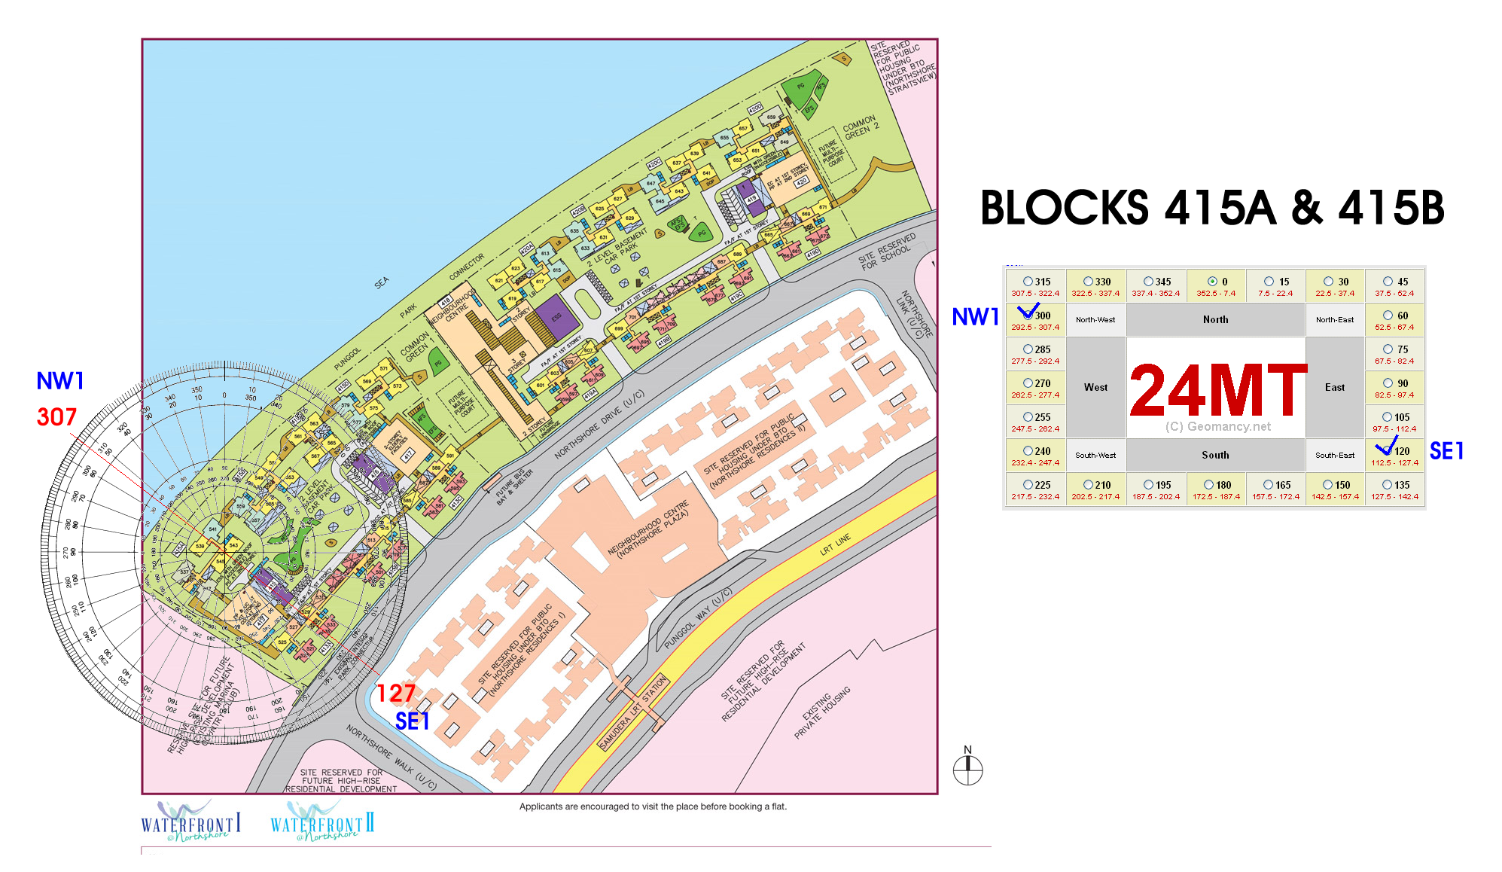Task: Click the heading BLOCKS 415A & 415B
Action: coord(1212,208)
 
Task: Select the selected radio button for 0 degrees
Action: coord(1212,282)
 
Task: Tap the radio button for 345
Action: coord(1148,282)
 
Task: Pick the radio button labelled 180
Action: coord(1208,485)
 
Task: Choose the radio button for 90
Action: coord(1388,383)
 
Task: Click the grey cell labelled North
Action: coord(1215,319)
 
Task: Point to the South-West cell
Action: coord(1095,455)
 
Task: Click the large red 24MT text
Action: coord(1217,390)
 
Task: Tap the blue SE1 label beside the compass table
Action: coord(1446,451)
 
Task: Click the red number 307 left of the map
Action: coord(56,417)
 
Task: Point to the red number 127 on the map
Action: coord(395,693)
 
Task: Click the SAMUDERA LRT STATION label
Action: coord(633,712)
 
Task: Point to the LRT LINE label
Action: coord(835,544)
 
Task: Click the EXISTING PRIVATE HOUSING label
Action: coord(826,712)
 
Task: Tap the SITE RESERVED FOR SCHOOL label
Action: coord(888,252)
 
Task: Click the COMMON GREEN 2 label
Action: coord(861,127)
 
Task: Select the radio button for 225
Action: coord(1028,485)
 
